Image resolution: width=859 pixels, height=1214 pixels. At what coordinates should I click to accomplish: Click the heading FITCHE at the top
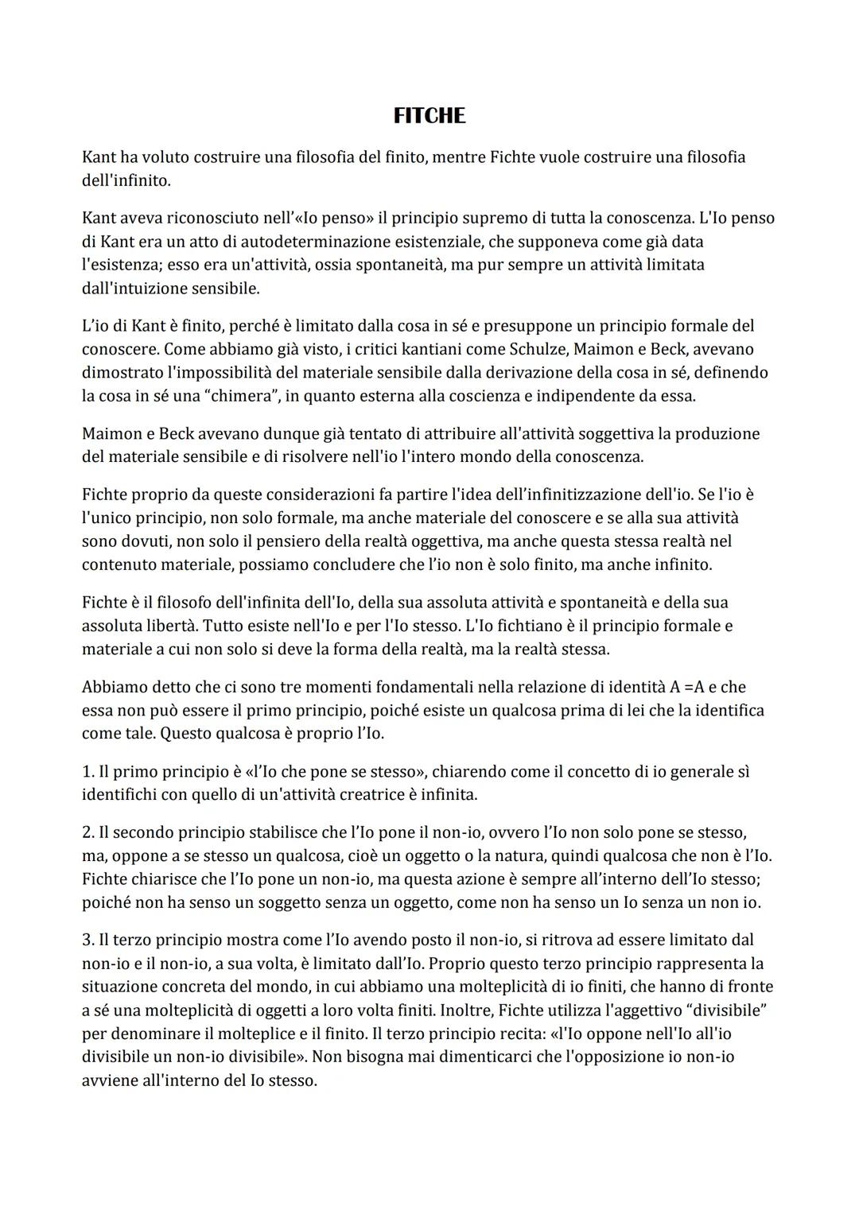pyautogui.click(x=429, y=116)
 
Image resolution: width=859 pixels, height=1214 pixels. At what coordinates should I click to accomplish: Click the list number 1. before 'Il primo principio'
pyautogui.click(x=88, y=771)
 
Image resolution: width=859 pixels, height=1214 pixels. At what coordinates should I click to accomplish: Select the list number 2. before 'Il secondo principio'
pyautogui.click(x=88, y=832)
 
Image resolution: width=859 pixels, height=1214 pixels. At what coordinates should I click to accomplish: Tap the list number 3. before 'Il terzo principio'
pyautogui.click(x=88, y=940)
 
